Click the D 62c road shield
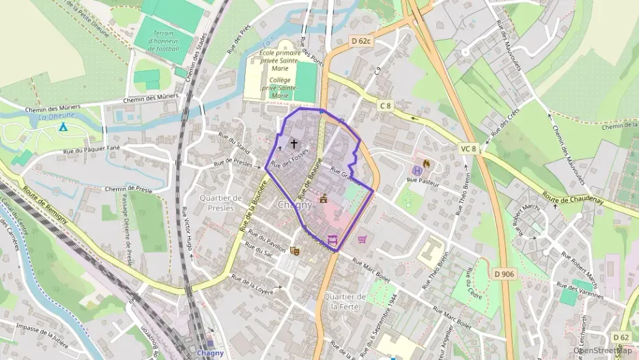(x=361, y=41)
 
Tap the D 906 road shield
(x=503, y=274)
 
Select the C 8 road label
(x=386, y=105)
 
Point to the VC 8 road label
(x=468, y=148)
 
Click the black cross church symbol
(x=294, y=144)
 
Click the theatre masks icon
(x=294, y=251)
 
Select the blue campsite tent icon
(x=63, y=126)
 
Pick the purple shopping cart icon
(x=362, y=239)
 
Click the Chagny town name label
(x=295, y=204)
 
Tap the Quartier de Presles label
(x=221, y=202)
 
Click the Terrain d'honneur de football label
(x=163, y=40)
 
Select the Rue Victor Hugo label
(x=186, y=230)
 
